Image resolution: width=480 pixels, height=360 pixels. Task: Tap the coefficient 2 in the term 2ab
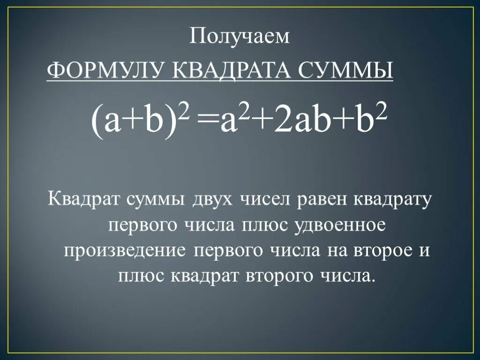[x=282, y=121]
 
